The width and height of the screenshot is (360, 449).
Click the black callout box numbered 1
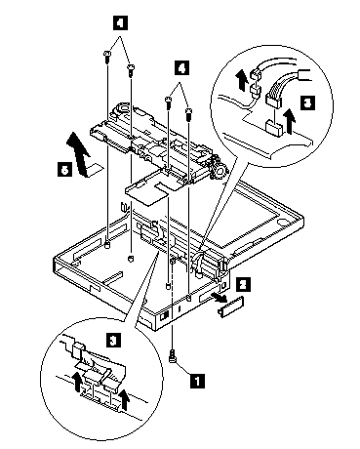[x=197, y=381]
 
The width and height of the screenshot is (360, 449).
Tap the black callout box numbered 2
[x=243, y=285]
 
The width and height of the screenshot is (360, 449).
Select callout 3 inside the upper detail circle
[x=307, y=103]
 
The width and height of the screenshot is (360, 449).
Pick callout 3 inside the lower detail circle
[x=113, y=341]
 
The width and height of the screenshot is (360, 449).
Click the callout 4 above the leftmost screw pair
[x=120, y=23]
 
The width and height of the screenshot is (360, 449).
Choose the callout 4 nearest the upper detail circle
[x=181, y=68]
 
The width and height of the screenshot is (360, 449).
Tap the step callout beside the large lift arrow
[x=64, y=169]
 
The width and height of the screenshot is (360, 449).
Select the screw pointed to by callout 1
[x=172, y=355]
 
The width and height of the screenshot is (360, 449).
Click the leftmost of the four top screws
[x=106, y=56]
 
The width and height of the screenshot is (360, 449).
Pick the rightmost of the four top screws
[x=188, y=114]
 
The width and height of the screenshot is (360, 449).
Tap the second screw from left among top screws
[x=131, y=70]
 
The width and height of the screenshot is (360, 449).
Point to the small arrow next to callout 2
[x=219, y=296]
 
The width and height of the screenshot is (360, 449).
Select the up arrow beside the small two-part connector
[x=241, y=78]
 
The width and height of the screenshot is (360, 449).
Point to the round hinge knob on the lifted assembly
[x=219, y=170]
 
